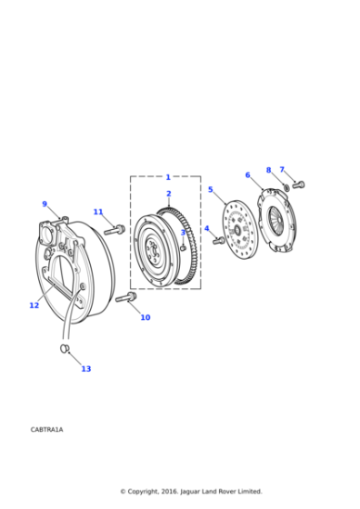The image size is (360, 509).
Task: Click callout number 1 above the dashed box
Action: pos(168,177)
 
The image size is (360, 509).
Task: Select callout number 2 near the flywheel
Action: pos(168,194)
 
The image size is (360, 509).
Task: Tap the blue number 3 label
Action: pos(182,233)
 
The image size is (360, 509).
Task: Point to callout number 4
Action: pos(206,229)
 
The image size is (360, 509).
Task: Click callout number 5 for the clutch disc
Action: pos(210,190)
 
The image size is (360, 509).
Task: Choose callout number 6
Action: pos(247,175)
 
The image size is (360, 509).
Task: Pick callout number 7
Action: pos(282,169)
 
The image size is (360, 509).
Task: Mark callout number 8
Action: pos(268,170)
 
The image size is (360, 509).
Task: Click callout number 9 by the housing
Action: pos(44,205)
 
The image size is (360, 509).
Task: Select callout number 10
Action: pos(145,317)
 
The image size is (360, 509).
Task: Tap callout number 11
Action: pos(98,212)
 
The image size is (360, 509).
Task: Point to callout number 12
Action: pos(34,305)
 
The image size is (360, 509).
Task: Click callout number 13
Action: pos(85,368)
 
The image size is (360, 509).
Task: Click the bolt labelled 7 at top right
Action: pos(298,185)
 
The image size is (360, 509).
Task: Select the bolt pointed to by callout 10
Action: pos(125,297)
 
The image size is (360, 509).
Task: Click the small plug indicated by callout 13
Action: pos(65,348)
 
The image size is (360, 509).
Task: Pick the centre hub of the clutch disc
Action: pos(237,230)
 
